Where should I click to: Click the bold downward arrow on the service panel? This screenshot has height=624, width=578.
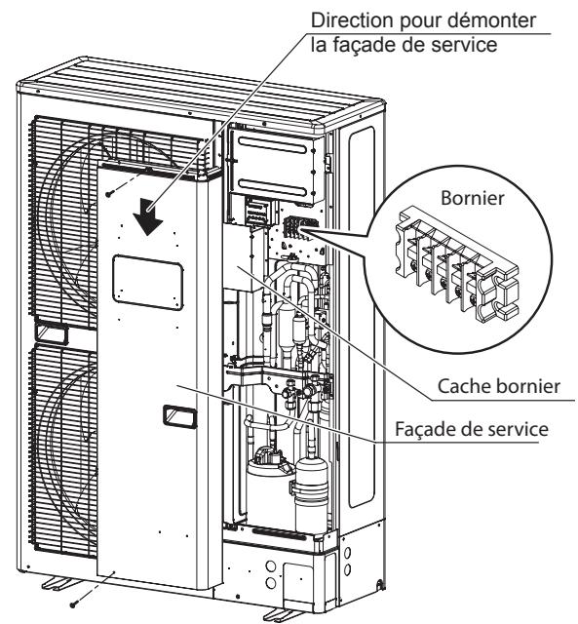pyautogui.click(x=149, y=212)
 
